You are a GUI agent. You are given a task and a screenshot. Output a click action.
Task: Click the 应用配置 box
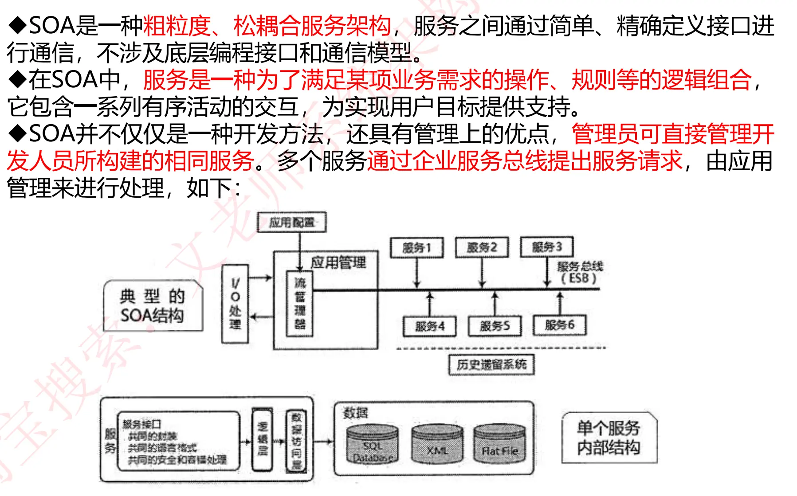coord(291,222)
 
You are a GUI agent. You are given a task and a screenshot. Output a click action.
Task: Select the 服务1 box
coord(416,247)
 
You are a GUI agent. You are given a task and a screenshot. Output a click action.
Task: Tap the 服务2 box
coord(482,247)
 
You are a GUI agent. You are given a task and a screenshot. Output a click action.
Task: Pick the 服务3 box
coord(547,247)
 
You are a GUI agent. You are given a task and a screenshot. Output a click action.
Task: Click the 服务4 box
coord(429,326)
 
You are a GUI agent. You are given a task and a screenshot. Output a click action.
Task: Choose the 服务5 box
coord(495,326)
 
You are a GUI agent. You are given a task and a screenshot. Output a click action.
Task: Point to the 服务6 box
coord(560,325)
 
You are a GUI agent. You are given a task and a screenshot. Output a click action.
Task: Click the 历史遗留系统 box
coord(491,365)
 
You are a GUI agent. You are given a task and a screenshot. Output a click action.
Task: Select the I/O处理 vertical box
coord(235,304)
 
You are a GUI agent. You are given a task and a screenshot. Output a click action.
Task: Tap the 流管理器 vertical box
coord(300,304)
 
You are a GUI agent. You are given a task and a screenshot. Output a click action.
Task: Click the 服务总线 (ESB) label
coord(580,272)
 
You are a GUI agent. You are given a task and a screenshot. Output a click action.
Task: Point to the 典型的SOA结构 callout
coord(153,305)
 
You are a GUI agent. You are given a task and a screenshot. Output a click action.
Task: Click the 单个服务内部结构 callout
coord(609,437)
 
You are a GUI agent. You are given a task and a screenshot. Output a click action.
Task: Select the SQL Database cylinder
coord(372,445)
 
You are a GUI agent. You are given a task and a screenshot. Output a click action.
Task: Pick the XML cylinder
coord(437,445)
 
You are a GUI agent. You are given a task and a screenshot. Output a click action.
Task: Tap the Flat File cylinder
coord(499,445)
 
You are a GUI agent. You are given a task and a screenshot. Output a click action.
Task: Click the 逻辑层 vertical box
coord(262,439)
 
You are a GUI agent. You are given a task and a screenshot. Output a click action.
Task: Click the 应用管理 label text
coord(338,263)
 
